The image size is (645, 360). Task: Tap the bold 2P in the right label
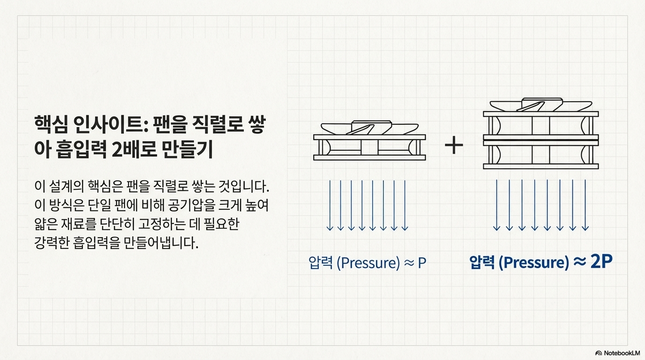(x=600, y=262)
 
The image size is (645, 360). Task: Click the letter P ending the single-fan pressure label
(x=421, y=262)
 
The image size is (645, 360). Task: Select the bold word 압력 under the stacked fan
(x=482, y=262)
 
